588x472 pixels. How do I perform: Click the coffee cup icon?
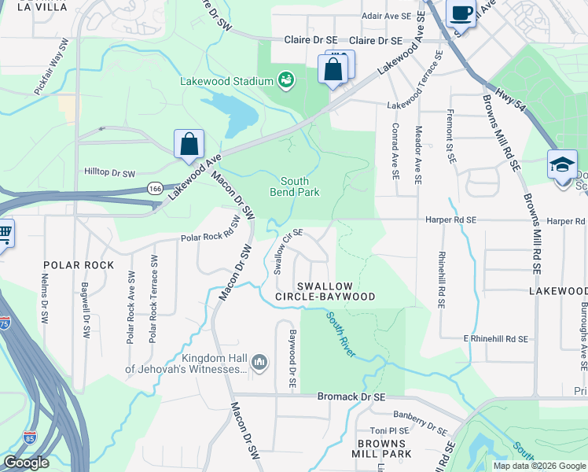[x=461, y=13]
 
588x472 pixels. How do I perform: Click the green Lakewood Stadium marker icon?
[x=286, y=79]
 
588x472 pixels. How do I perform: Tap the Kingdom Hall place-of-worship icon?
[x=260, y=362]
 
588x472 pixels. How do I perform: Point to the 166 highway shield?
[x=154, y=189]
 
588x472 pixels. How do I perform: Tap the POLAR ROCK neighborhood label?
[x=79, y=265]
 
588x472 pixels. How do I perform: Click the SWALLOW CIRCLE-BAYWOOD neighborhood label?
[x=325, y=290]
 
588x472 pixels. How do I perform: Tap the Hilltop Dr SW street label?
[x=110, y=172]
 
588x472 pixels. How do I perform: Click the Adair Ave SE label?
[x=387, y=16]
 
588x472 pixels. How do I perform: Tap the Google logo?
[x=26, y=463]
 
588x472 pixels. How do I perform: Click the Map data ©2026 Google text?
[x=538, y=466]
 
